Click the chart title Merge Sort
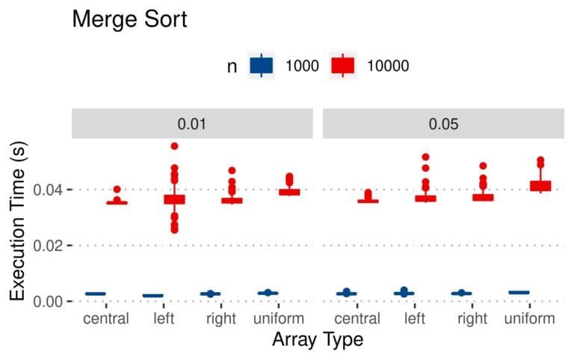(x=129, y=20)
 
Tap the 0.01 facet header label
(x=192, y=123)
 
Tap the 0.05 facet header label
(x=442, y=123)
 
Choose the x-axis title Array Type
(x=318, y=341)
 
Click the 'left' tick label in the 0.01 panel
(x=164, y=319)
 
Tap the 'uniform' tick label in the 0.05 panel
(x=530, y=319)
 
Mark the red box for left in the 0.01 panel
(x=174, y=199)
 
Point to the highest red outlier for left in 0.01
(x=174, y=146)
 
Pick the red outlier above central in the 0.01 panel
(x=117, y=190)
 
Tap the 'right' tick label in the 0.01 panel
(x=221, y=319)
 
